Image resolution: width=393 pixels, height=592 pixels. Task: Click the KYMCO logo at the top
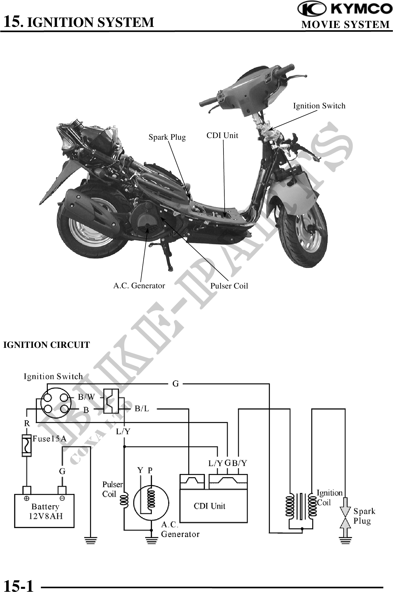tap(345, 9)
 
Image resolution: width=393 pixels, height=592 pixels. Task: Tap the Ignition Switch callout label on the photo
tap(319, 106)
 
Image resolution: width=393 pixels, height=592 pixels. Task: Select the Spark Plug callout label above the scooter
tap(167, 137)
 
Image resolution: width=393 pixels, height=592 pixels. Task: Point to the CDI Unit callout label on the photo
tap(222, 136)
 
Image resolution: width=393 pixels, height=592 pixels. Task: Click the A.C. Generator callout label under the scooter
tap(139, 285)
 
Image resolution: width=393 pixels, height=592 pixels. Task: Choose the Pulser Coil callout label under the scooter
tap(229, 286)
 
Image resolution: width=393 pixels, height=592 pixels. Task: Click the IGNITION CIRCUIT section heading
tap(47, 345)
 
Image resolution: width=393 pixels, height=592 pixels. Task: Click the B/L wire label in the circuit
tap(142, 409)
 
